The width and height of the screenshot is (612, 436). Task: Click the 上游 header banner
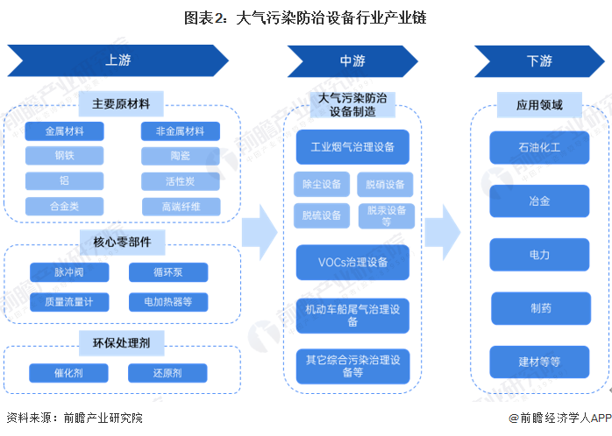pos(118,61)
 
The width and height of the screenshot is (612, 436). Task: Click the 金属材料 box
pos(65,131)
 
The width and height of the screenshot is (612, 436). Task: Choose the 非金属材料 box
pos(180,131)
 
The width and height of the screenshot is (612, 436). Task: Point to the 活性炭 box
pos(180,181)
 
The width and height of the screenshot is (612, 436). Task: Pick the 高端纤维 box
pos(180,207)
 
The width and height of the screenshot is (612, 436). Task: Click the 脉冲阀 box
pos(69,272)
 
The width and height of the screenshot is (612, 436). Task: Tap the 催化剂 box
pos(69,373)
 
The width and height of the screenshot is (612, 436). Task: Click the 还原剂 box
pos(167,373)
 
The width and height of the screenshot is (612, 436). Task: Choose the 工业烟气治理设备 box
pos(352,147)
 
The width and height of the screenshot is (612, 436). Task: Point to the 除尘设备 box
pos(322,185)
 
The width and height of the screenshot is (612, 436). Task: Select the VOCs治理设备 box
pos(352,262)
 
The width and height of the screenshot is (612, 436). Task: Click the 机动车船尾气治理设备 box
pos(352,315)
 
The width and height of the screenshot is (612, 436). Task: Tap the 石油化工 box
pos(539,147)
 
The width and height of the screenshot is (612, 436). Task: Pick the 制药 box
pos(539,308)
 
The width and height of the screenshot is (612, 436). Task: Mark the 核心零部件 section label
pos(122,242)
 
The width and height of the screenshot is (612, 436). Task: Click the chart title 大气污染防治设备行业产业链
pos(306,18)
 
